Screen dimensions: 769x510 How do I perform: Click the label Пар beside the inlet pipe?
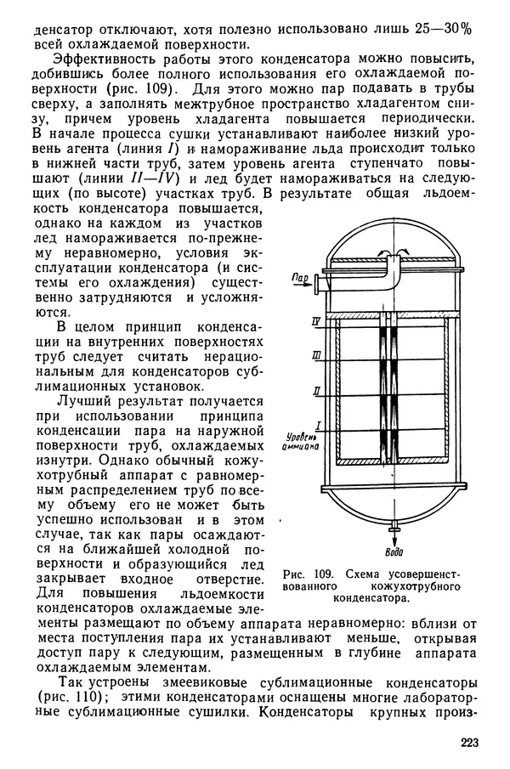[x=297, y=278]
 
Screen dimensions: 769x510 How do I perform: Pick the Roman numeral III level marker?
[x=316, y=354]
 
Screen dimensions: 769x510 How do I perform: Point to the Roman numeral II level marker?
[x=316, y=390]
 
